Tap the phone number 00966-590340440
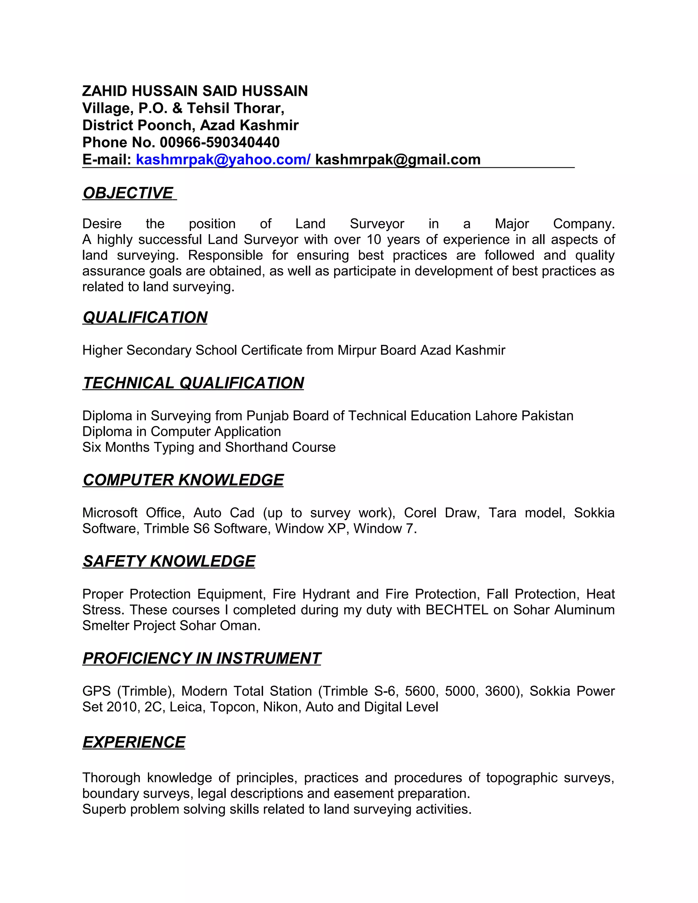click(219, 142)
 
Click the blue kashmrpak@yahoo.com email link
click(223, 159)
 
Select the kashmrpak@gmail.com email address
click(398, 159)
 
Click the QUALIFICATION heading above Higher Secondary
click(145, 318)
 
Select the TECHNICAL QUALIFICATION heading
click(193, 383)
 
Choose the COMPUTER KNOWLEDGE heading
click(183, 480)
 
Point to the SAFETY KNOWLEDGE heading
click(169, 561)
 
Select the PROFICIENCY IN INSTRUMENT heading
click(201, 658)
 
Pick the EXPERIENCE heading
click(134, 742)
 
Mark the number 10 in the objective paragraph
click(374, 240)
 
